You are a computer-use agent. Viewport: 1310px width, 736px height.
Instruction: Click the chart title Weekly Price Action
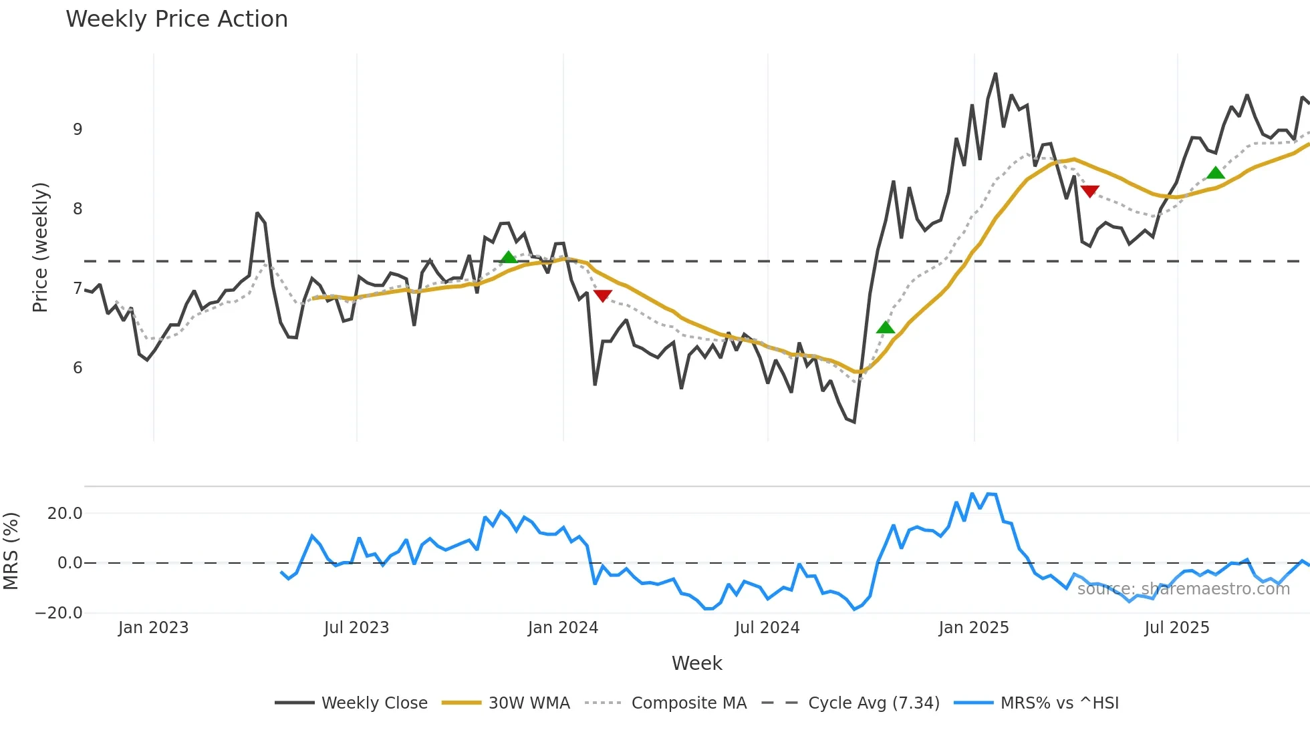[176, 19]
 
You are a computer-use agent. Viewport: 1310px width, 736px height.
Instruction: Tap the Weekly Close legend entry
[374, 703]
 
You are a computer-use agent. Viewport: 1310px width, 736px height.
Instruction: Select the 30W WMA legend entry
[529, 703]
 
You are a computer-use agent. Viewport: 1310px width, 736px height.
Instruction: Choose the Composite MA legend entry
[688, 703]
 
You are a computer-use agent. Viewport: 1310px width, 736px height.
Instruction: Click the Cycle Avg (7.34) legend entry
[873, 703]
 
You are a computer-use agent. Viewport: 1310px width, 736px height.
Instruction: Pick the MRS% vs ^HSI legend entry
[1059, 703]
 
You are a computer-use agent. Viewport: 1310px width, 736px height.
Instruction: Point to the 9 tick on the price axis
[78, 130]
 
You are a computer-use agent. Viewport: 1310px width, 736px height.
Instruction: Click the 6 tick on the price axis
[78, 368]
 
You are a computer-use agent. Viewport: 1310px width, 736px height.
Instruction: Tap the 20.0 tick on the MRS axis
[65, 514]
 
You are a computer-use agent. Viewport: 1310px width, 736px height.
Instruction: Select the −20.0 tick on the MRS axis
[59, 613]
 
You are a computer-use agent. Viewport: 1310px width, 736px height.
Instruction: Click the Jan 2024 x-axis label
[563, 628]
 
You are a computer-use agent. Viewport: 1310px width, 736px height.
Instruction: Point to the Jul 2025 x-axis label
[1177, 628]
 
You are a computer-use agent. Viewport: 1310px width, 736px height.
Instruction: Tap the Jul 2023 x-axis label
[356, 628]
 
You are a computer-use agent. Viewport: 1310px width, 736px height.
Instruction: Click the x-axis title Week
[696, 663]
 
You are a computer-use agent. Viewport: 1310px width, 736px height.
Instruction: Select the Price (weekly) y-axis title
[40, 247]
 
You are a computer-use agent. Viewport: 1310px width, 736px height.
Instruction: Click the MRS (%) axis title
[11, 551]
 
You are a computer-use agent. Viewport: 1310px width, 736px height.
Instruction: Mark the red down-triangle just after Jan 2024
[602, 296]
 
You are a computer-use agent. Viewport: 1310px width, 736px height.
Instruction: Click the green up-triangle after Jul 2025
[1215, 173]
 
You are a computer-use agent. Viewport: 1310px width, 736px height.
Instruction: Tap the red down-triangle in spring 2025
[1089, 192]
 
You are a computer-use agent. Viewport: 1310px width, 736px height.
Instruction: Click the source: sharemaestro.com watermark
[1183, 589]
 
